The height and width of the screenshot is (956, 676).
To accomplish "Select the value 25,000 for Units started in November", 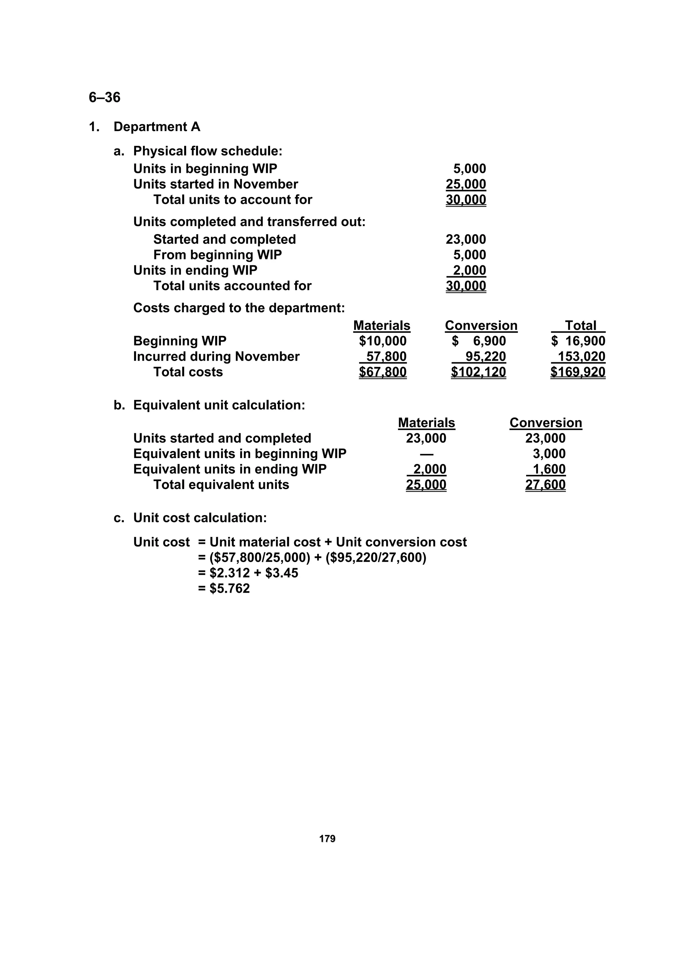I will coord(466,184).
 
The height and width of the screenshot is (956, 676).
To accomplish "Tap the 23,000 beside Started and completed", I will coord(466,240).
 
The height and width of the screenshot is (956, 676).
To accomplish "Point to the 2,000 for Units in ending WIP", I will coord(469,270).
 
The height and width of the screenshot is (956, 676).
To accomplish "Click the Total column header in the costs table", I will coord(580,326).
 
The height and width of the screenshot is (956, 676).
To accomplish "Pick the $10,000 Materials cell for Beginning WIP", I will coord(382,341).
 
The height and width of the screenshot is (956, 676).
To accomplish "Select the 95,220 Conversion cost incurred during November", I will coord(485,356).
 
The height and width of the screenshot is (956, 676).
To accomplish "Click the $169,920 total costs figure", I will coord(578,372).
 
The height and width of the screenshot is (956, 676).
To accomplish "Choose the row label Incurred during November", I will coord(216,356).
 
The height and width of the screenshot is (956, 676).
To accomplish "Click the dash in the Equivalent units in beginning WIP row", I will coord(426,454).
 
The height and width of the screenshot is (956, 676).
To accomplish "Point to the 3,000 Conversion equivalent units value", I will coord(549,454).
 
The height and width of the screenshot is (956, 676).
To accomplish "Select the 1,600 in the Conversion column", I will coord(549,469).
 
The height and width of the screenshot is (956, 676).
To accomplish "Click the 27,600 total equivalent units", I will coord(545,485).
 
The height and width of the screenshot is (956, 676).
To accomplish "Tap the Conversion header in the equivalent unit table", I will coord(545,423).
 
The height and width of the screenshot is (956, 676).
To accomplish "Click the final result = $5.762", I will coord(224,588).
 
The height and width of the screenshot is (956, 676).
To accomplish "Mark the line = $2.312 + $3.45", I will coord(248,573).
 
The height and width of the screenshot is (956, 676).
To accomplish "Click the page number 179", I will coord(327,839).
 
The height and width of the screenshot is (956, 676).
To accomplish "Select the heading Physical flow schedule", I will coord(207,151).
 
